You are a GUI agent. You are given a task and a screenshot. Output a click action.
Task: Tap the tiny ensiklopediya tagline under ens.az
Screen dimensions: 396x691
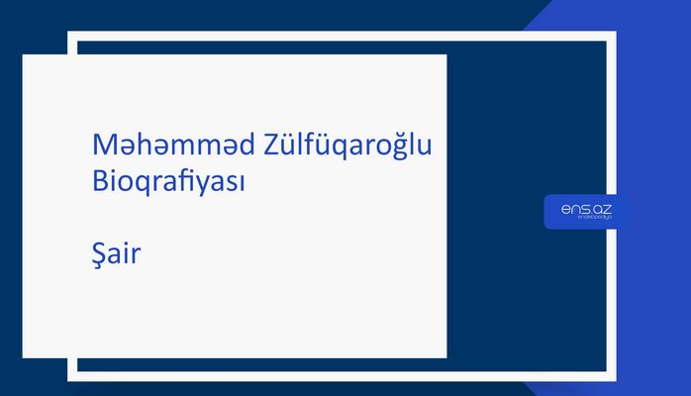click(587, 220)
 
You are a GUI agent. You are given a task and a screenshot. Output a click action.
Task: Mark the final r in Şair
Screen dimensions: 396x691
click(139, 256)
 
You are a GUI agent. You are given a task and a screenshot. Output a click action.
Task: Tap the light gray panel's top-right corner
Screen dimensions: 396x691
click(445, 55)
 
